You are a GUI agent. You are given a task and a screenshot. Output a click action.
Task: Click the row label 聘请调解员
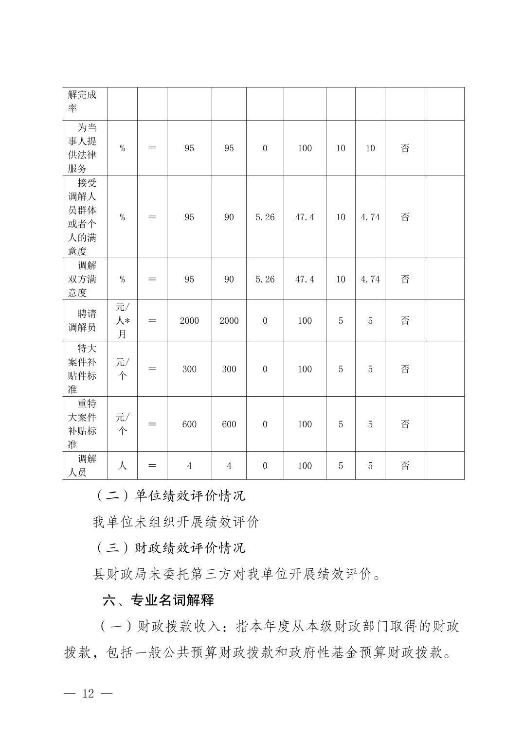[x=82, y=320]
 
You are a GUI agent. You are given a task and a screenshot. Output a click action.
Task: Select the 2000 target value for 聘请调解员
[x=189, y=320]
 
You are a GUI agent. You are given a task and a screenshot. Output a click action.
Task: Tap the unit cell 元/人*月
[x=122, y=320]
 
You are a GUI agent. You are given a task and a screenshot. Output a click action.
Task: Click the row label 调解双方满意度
[x=82, y=279]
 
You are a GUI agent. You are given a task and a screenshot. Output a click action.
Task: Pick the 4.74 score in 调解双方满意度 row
[x=370, y=279]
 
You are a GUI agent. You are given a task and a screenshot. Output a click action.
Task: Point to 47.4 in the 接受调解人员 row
[x=305, y=217]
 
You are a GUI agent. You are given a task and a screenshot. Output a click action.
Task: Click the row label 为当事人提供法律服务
[x=82, y=148]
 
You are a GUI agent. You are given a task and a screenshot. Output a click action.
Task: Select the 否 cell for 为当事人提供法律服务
[x=405, y=148]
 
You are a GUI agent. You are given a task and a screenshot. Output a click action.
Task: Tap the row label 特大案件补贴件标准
[x=82, y=369]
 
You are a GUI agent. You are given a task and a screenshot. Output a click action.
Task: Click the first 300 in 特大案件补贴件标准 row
[x=189, y=369]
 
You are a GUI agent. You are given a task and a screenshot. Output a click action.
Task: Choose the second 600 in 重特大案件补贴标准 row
[x=229, y=424]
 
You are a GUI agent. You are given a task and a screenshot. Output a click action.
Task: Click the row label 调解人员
[x=82, y=466]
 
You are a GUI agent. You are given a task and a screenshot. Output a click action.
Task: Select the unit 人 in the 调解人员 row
[x=122, y=466]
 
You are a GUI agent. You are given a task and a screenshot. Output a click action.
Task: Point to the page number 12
[x=88, y=693]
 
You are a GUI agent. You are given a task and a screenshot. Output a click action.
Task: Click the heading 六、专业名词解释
[x=158, y=600]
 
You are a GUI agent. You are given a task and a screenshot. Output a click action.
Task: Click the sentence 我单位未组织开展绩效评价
[x=176, y=522]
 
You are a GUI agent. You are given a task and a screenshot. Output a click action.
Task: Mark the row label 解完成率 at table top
[x=82, y=101]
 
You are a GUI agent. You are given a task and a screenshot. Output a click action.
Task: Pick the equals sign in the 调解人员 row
[x=152, y=466]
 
